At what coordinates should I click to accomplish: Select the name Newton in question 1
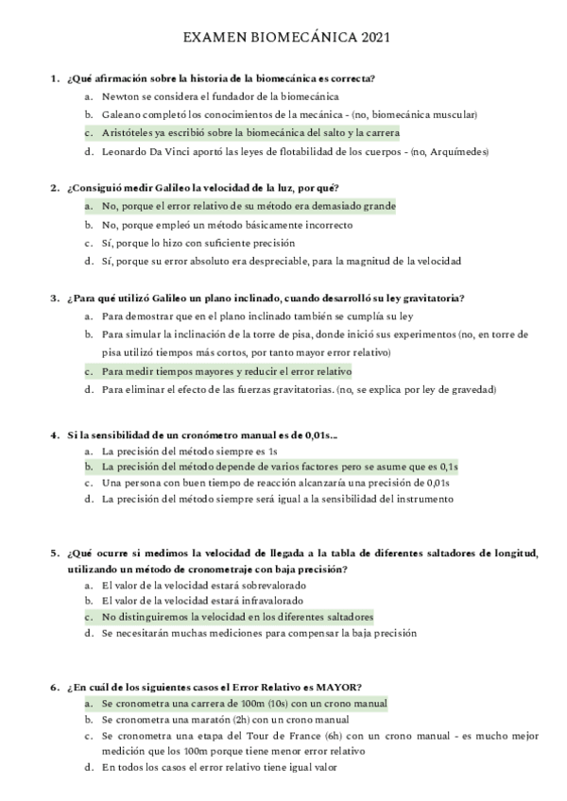point(121,95)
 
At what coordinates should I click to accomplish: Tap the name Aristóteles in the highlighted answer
point(132,132)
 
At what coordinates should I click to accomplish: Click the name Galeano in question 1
point(125,114)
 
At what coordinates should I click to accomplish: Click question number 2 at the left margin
point(54,187)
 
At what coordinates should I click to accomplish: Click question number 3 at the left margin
point(54,298)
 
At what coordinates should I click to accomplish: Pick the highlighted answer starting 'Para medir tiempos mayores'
point(226,371)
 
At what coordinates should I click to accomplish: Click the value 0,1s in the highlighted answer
point(448,467)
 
